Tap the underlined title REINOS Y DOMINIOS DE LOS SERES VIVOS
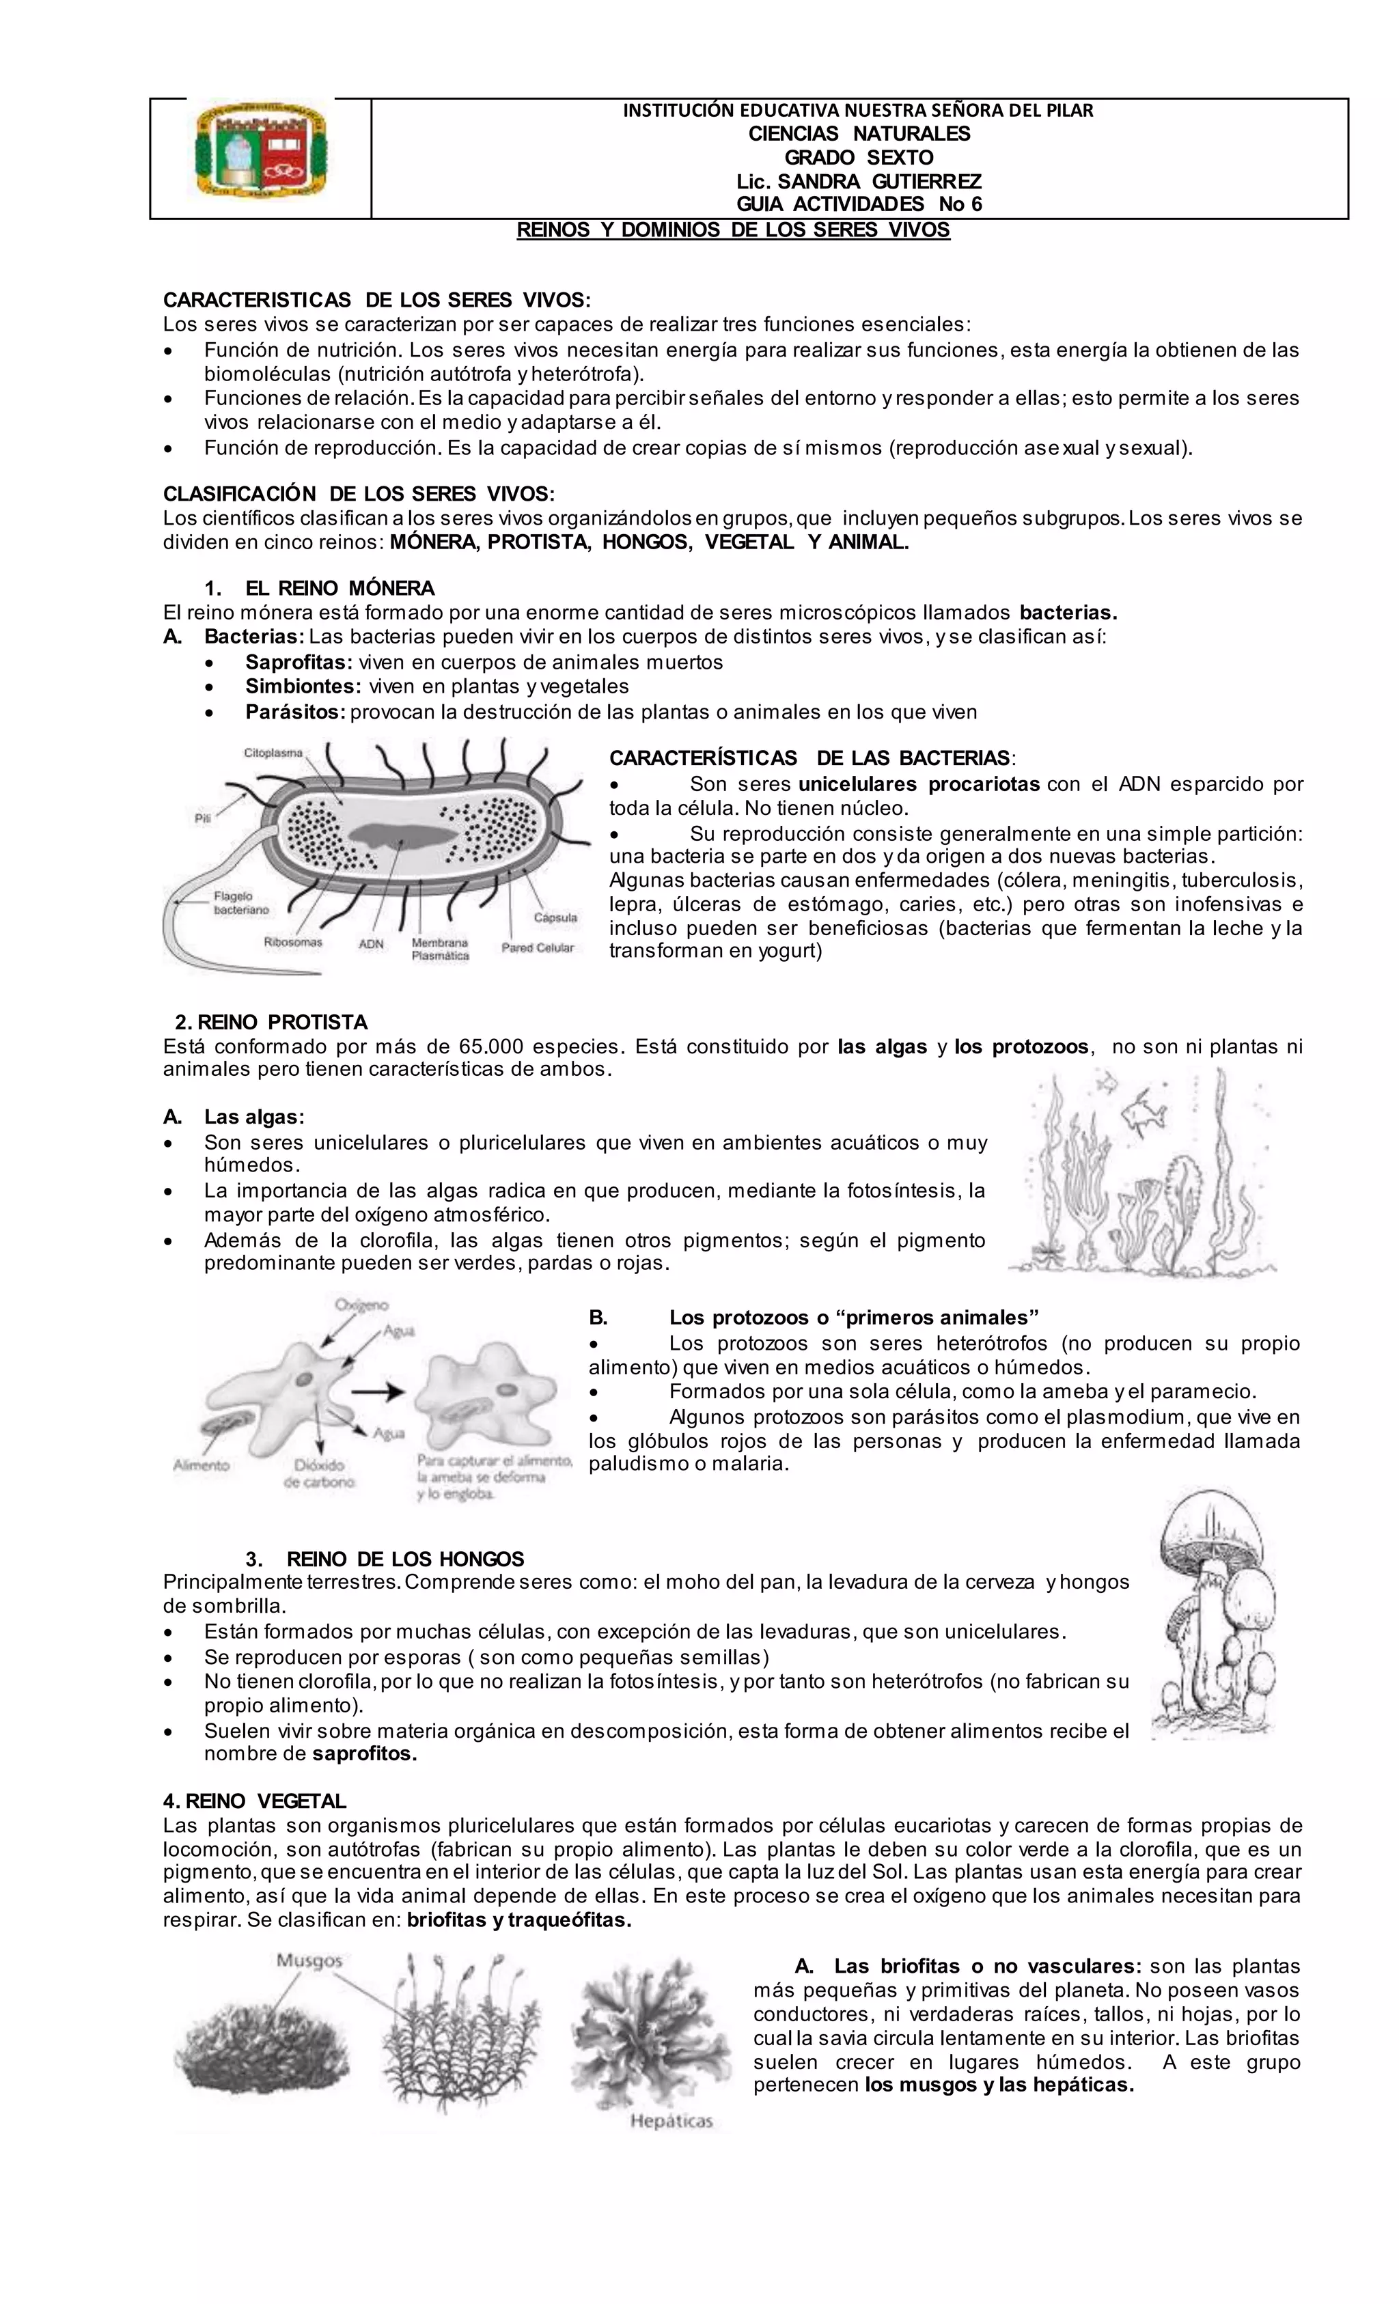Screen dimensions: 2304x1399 (733, 230)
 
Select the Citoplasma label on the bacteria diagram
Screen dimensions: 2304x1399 (273, 752)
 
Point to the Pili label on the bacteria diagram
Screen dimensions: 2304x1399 (203, 818)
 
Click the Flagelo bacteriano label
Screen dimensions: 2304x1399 (240, 902)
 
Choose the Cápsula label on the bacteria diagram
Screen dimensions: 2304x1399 (555, 917)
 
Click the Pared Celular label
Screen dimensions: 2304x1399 (538, 948)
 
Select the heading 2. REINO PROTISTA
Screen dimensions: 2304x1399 (271, 1022)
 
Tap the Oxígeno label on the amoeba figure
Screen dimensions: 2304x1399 (362, 1305)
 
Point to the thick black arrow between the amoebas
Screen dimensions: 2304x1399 (383, 1391)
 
